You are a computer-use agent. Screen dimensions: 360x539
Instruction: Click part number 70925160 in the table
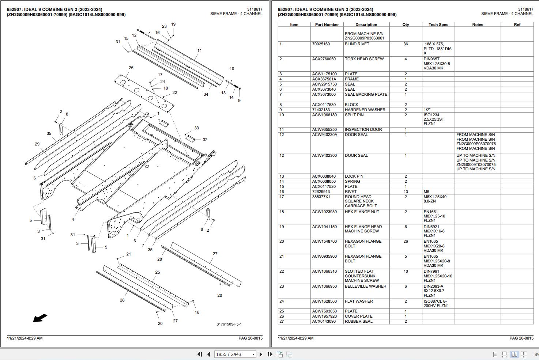pos(321,44)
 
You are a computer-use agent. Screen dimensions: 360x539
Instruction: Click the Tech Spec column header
pos(438,25)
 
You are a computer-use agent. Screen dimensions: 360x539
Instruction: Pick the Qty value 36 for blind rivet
pos(406,44)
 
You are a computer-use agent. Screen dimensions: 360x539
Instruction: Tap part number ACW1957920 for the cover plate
pos(324,317)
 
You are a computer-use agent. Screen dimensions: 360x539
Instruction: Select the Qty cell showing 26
pos(406,242)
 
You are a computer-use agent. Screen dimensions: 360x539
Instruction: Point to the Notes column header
pos(478,25)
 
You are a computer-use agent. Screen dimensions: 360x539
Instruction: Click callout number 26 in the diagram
pos(131,68)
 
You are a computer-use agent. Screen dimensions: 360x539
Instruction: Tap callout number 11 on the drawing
pos(199,51)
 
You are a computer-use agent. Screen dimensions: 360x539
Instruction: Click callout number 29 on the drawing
pos(37,144)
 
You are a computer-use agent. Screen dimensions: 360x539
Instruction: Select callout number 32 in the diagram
pos(205,140)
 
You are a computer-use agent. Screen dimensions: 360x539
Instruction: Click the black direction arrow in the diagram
pos(40,318)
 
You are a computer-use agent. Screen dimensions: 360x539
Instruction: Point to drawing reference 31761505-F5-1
pos(229,324)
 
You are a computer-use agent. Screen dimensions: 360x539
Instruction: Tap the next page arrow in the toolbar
pos(261,354)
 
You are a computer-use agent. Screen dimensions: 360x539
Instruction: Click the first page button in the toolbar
pos(200,354)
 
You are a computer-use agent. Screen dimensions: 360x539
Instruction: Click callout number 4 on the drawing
pos(73,219)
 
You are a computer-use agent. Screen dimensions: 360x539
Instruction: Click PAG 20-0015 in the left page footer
pos(250,338)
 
